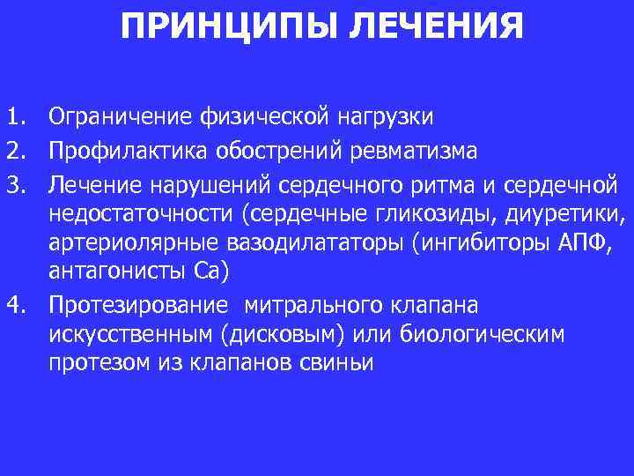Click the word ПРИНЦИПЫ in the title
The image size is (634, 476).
(x=228, y=27)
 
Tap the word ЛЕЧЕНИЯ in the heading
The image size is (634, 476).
(x=435, y=27)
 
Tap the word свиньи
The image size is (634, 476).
(x=339, y=363)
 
